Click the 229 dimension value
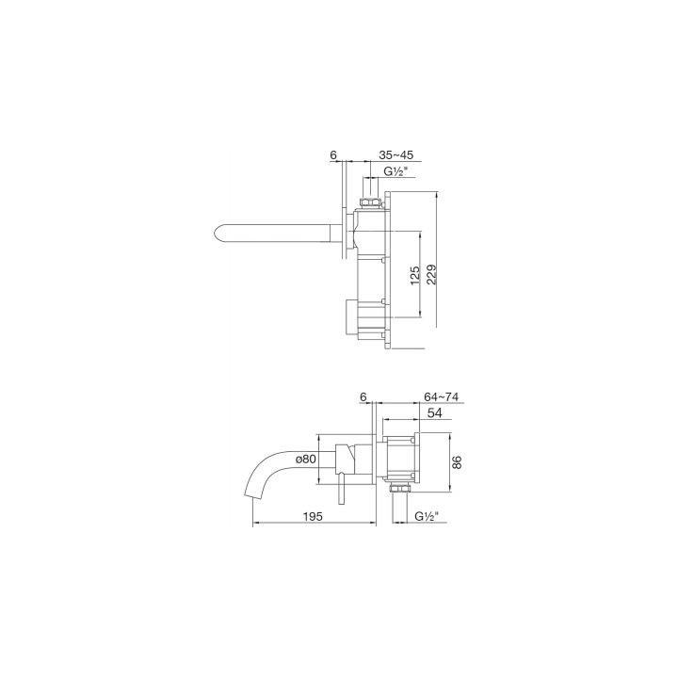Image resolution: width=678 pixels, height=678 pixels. click(x=431, y=274)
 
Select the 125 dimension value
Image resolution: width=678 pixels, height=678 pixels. click(x=414, y=276)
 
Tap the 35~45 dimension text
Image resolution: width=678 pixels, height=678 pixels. click(x=396, y=154)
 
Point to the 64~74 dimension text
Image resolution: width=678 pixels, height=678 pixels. click(x=441, y=396)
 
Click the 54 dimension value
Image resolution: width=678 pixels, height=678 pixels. click(x=434, y=413)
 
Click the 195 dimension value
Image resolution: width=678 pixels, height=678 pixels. click(x=313, y=516)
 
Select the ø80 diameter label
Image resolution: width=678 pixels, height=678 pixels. click(x=306, y=459)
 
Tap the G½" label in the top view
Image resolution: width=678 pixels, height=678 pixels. click(x=396, y=171)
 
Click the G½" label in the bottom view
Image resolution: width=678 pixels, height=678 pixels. click(x=427, y=516)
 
